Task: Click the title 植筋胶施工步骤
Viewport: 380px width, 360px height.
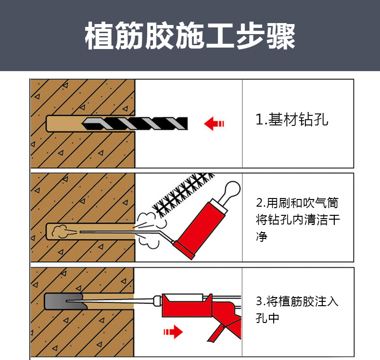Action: [x=190, y=36]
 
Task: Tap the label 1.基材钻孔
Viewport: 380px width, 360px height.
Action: [x=292, y=119]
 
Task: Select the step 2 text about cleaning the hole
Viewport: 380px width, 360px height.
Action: [x=298, y=219]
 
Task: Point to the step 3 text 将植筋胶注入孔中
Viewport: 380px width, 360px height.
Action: [x=297, y=310]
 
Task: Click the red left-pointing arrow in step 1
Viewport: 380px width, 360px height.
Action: [x=214, y=124]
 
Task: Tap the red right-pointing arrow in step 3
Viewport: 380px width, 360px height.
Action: [x=173, y=332]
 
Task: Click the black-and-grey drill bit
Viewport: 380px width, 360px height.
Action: [x=135, y=124]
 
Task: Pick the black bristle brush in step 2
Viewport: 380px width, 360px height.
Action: [x=183, y=194]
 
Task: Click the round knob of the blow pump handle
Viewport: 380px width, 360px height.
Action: [x=232, y=189]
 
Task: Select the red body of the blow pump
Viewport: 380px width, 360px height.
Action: [x=201, y=230]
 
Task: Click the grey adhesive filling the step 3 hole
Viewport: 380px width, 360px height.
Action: [x=65, y=301]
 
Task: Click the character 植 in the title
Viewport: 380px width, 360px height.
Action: [x=99, y=36]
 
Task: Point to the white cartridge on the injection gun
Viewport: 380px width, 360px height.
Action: [x=185, y=298]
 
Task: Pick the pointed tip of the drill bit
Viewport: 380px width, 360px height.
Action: [x=82, y=124]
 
